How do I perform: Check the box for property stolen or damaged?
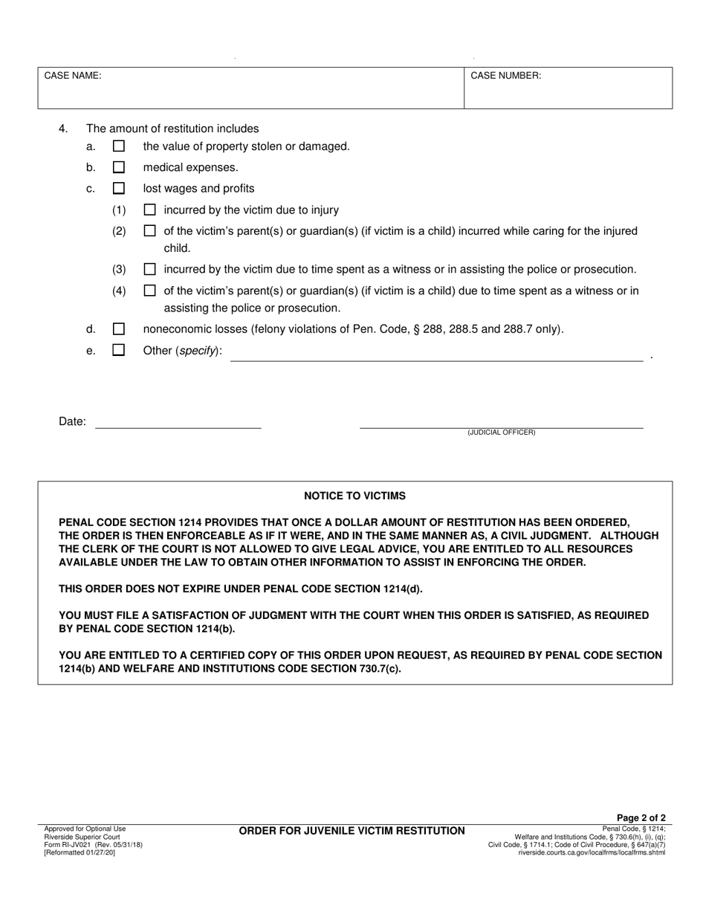[x=118, y=147]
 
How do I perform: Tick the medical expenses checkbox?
[x=118, y=168]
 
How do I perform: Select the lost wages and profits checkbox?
[x=118, y=189]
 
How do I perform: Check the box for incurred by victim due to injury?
[x=149, y=210]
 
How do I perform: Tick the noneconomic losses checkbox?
[x=118, y=328]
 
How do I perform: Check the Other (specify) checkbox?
[x=118, y=350]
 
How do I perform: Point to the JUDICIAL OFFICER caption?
[x=501, y=432]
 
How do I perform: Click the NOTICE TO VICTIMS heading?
[x=354, y=496]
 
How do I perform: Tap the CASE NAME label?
[x=73, y=76]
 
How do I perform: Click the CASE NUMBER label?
[x=505, y=76]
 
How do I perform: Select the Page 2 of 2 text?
[x=641, y=818]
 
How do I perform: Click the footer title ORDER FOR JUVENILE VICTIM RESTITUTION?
[x=352, y=831]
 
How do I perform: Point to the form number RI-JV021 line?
[x=93, y=844]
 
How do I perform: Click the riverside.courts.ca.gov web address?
[x=592, y=852]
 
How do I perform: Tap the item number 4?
[x=63, y=129]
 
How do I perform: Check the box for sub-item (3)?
[x=149, y=269]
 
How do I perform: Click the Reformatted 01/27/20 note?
[x=80, y=852]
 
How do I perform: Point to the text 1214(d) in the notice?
[x=398, y=589]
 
